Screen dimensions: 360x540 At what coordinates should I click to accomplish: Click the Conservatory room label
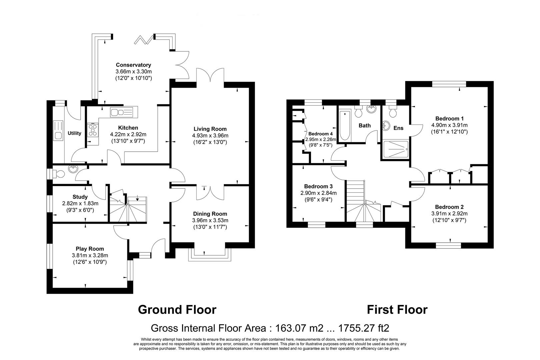(133, 65)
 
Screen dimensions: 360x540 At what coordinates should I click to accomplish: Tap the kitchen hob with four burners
(93, 130)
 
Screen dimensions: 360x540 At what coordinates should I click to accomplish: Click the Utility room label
(74, 133)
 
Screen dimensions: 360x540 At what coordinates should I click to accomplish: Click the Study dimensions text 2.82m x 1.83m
(80, 203)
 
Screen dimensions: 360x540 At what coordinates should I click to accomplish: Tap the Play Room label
(90, 249)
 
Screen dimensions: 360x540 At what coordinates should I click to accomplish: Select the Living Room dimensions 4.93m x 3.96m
(210, 136)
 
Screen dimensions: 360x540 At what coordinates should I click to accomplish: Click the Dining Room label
(210, 214)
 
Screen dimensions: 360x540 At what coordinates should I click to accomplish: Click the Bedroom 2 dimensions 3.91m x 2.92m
(449, 214)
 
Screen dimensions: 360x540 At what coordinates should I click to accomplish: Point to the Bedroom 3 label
(318, 186)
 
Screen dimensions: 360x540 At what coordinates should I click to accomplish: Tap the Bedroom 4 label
(320, 134)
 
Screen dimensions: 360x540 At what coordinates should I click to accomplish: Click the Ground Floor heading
(177, 310)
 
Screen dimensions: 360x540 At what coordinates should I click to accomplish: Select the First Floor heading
(397, 310)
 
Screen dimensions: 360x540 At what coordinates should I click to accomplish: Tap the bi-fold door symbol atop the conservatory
(144, 40)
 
